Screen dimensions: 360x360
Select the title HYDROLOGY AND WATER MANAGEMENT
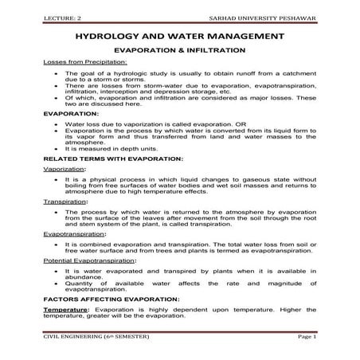click(x=179, y=37)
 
